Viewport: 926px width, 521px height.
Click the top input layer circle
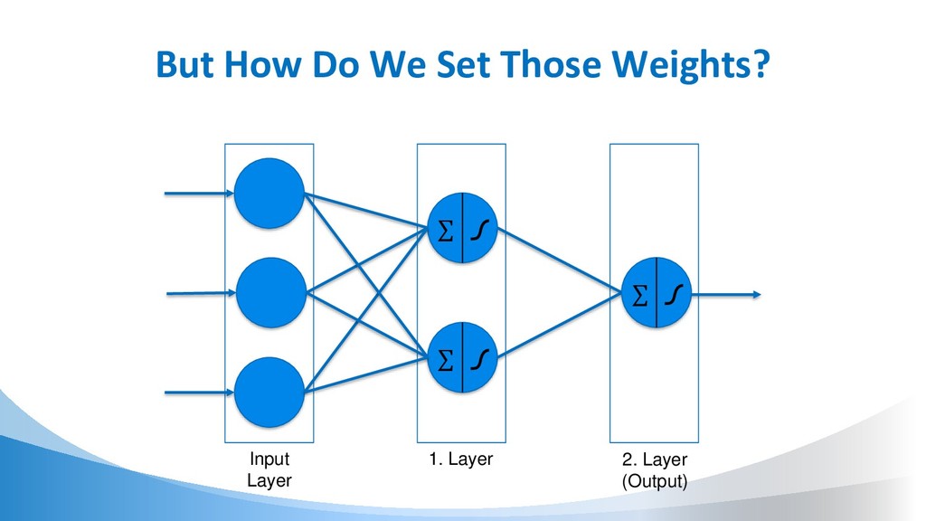[x=269, y=194]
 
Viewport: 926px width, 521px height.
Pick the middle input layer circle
[x=269, y=292]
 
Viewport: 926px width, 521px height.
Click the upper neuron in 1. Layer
[x=462, y=227]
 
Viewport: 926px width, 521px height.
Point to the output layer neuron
[x=656, y=292]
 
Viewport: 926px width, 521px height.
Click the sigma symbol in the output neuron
[x=638, y=293]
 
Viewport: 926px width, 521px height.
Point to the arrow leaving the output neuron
[x=727, y=293]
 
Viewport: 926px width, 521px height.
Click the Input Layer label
[x=269, y=471]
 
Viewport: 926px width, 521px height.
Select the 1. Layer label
[x=461, y=459]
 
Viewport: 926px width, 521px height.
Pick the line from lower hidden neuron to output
[x=558, y=326]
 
